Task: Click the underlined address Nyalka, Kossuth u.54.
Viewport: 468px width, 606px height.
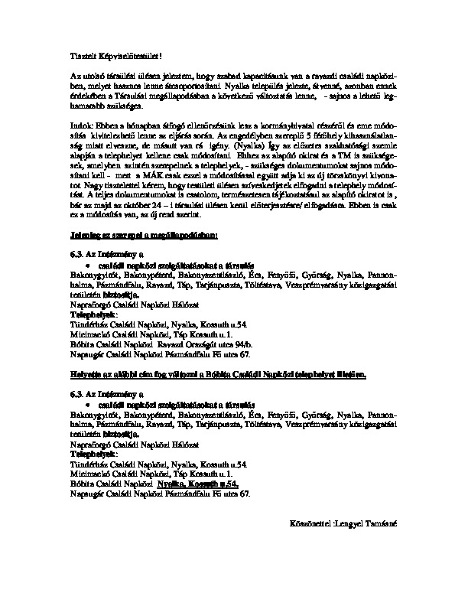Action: pos(198,484)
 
